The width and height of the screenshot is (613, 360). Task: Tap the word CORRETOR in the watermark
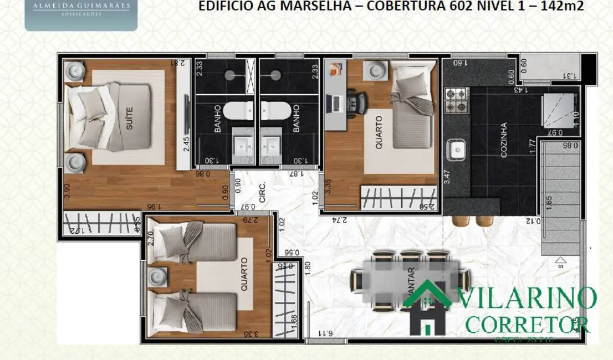point(528,322)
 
